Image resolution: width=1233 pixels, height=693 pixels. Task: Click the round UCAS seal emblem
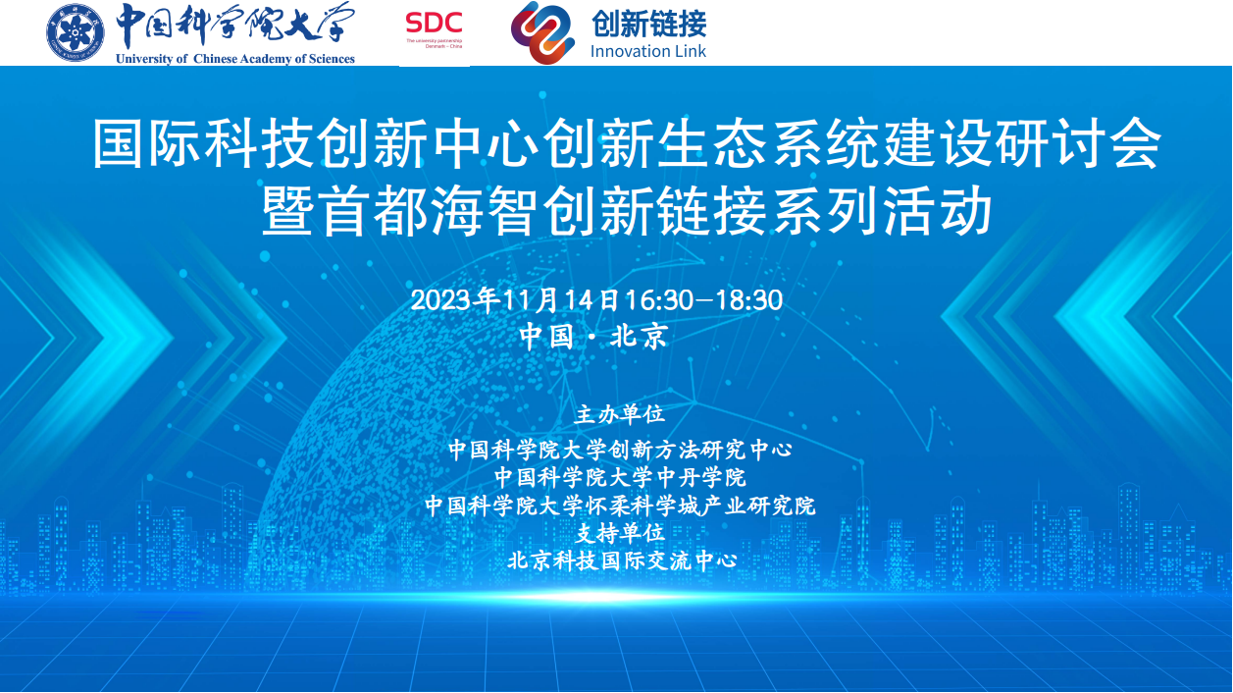76,32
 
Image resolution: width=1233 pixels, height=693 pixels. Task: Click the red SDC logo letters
434,24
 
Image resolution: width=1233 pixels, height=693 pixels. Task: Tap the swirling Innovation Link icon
542,33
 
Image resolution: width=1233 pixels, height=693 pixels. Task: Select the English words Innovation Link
647,51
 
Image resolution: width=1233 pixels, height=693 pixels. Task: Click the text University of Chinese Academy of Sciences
235,58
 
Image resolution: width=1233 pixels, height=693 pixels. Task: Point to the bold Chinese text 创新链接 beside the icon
649,25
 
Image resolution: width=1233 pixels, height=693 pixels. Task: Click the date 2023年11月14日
517,300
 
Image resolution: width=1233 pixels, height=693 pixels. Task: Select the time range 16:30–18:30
704,300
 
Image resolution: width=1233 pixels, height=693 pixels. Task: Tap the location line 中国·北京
593,336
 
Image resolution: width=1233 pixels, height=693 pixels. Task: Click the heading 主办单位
619,414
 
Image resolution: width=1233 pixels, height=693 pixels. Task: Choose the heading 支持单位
620,533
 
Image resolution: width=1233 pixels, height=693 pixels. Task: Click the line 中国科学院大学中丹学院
620,477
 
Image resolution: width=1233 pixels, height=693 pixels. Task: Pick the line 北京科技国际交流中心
622,560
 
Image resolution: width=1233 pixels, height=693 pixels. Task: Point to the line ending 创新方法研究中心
620,450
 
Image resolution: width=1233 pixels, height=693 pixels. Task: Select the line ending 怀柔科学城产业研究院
620,506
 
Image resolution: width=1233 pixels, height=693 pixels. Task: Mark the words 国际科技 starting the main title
203,143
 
